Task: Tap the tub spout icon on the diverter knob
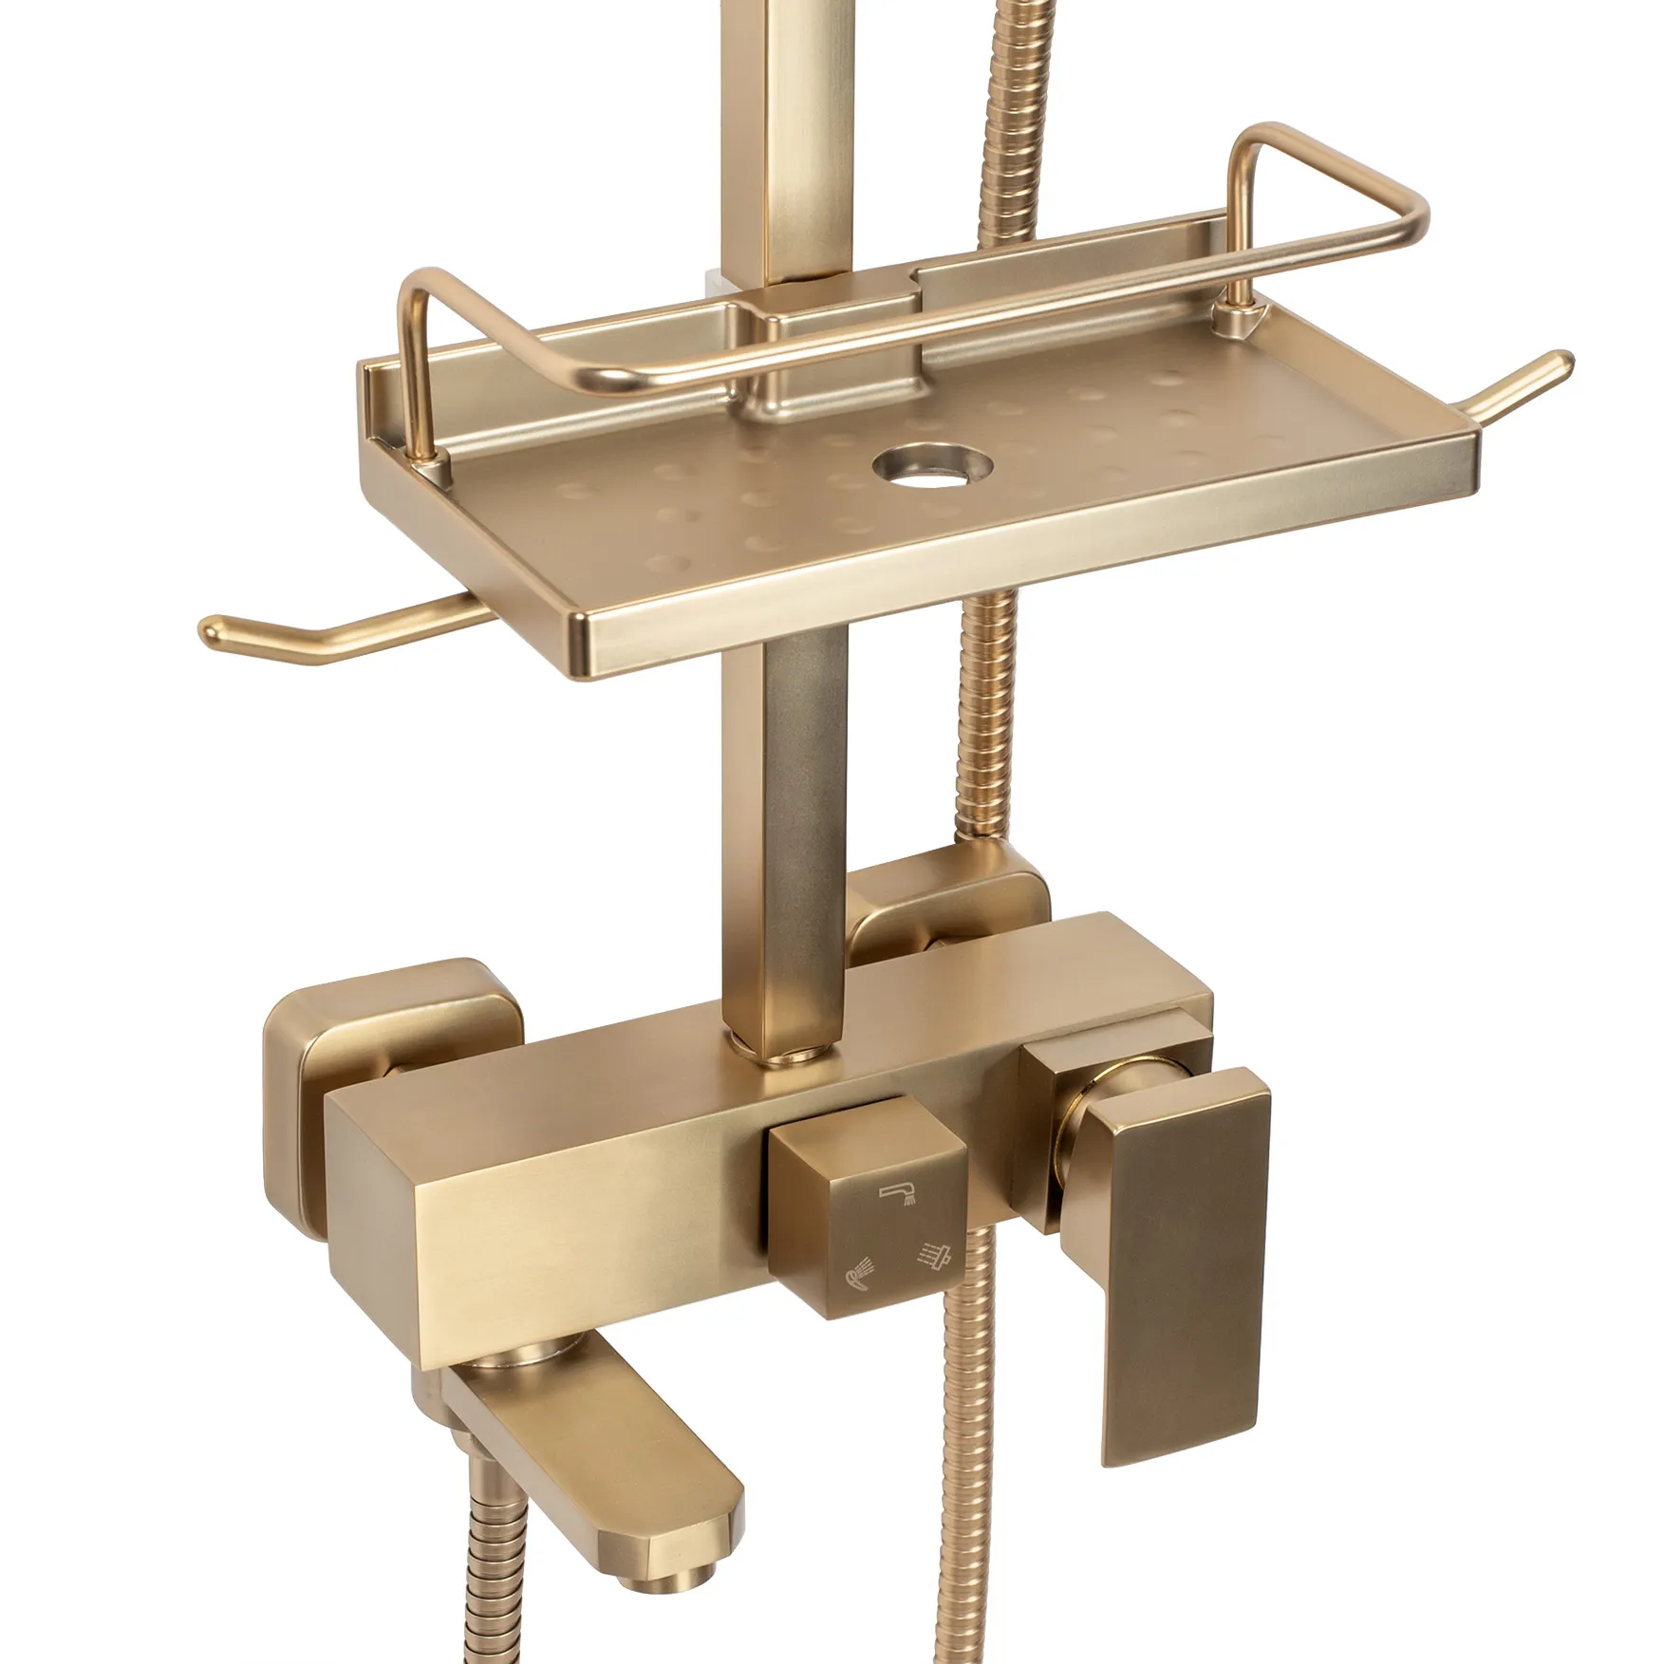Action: point(897,1193)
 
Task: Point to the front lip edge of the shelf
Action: point(1025,589)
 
